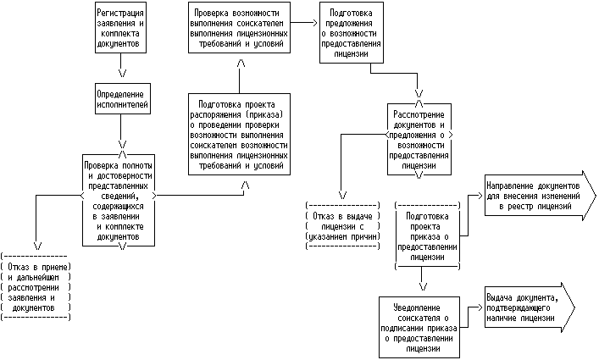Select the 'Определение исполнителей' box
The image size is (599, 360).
(122, 98)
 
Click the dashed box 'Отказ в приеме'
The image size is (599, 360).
(36, 286)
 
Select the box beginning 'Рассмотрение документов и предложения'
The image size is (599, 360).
(419, 141)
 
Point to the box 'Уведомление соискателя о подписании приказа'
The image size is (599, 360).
(420, 325)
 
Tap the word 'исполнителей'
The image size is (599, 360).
(122, 104)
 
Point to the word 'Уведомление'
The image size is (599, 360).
(420, 303)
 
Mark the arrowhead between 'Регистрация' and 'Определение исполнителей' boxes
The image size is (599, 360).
(122, 60)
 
